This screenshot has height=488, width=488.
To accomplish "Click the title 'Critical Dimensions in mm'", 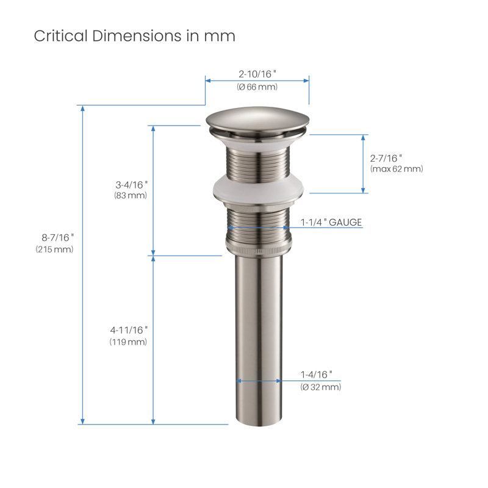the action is click(134, 36).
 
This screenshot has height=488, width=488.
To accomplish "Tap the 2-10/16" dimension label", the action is click(257, 74).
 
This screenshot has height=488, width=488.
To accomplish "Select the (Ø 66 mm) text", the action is click(257, 87).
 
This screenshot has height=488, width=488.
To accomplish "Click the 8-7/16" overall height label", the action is click(58, 237).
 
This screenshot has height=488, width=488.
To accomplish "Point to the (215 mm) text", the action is click(54, 249).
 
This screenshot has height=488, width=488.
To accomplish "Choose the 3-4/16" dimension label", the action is click(132, 185).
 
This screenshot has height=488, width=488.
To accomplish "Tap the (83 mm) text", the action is click(131, 195).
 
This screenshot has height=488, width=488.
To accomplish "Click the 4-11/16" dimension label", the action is click(129, 330).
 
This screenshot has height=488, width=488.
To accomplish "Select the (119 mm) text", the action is click(128, 342).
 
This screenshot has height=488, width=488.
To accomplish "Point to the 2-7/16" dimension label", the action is click(386, 159).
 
